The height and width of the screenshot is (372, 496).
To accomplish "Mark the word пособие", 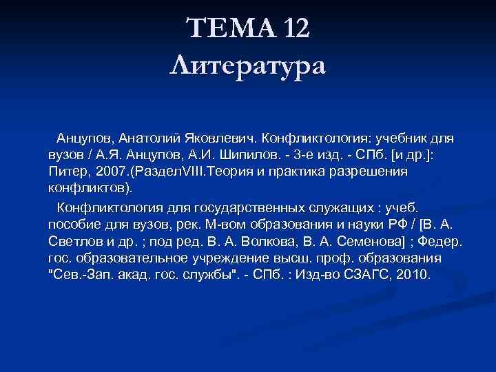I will point(76,225).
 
